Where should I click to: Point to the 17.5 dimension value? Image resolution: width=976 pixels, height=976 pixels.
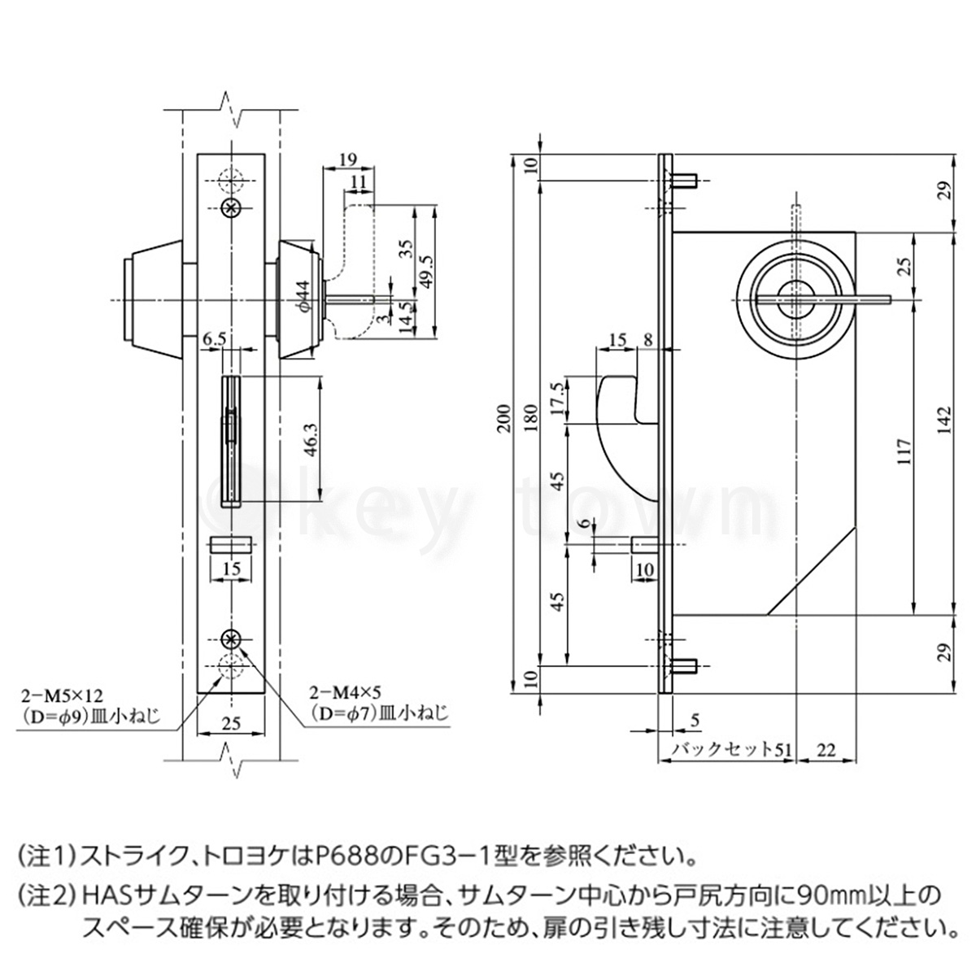pos(556,399)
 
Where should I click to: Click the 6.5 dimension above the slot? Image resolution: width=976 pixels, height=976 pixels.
pos(216,338)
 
